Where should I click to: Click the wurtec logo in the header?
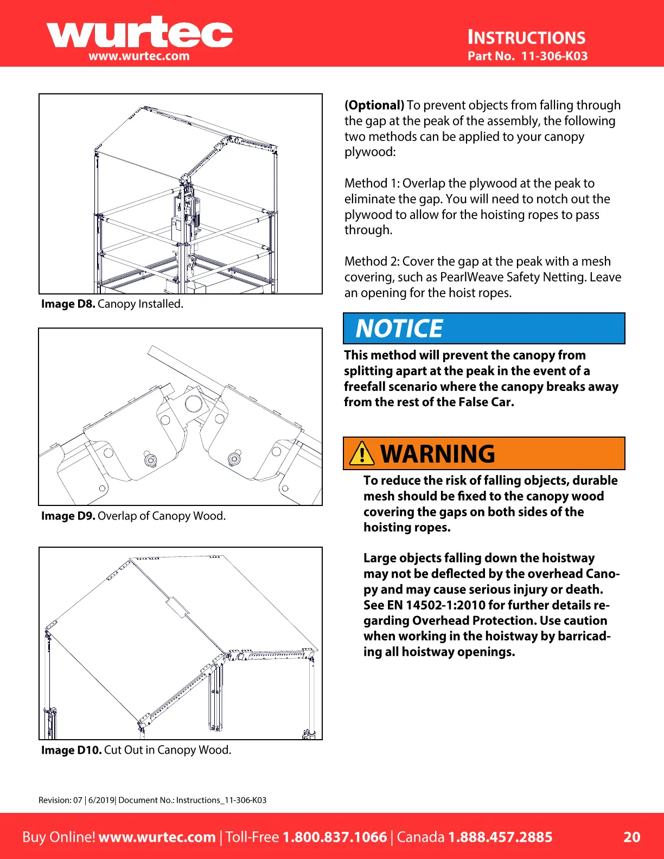coord(139,34)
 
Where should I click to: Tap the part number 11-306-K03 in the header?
coord(554,56)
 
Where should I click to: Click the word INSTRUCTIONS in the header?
coord(526,37)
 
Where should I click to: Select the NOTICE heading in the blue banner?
coord(399,329)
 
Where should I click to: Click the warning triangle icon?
coord(361,453)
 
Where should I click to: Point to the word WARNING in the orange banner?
coord(438,454)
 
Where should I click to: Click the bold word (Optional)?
coord(374,105)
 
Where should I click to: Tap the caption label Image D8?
coord(68,304)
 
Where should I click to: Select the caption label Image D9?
coord(68,516)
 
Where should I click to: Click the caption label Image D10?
coord(72,750)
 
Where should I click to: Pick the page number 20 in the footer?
coord(632,837)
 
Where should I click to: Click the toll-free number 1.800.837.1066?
coord(335,837)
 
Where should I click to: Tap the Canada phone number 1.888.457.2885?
coord(500,837)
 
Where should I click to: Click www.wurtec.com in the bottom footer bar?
coord(157,837)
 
